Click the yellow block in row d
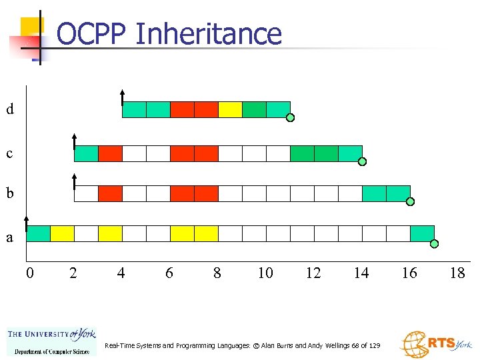pyautogui.click(x=230, y=109)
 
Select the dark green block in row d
pyautogui.click(x=254, y=109)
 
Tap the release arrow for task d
pyautogui.click(x=122, y=97)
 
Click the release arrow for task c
pyautogui.click(x=74, y=141)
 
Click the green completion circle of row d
pyautogui.click(x=291, y=119)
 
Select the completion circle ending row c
pyautogui.click(x=363, y=162)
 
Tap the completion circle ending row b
pyautogui.click(x=411, y=201)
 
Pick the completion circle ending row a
pyautogui.click(x=435, y=244)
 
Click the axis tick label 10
pyautogui.click(x=265, y=273)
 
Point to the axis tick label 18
pyautogui.click(x=457, y=273)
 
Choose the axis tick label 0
pyautogui.click(x=29, y=273)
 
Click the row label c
pyautogui.click(x=9, y=154)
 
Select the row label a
pyautogui.click(x=9, y=237)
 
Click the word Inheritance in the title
pyautogui.click(x=208, y=34)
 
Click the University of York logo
pyautogui.click(x=51, y=342)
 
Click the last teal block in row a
pyautogui.click(x=422, y=233)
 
